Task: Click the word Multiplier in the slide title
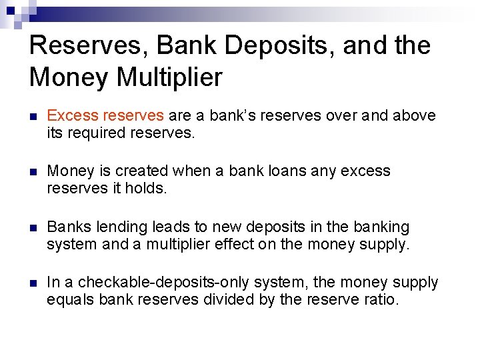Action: tap(169, 78)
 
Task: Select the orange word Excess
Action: tap(69, 115)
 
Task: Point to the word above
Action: tap(413, 115)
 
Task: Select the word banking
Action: tap(381, 227)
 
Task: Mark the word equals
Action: tap(70, 300)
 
